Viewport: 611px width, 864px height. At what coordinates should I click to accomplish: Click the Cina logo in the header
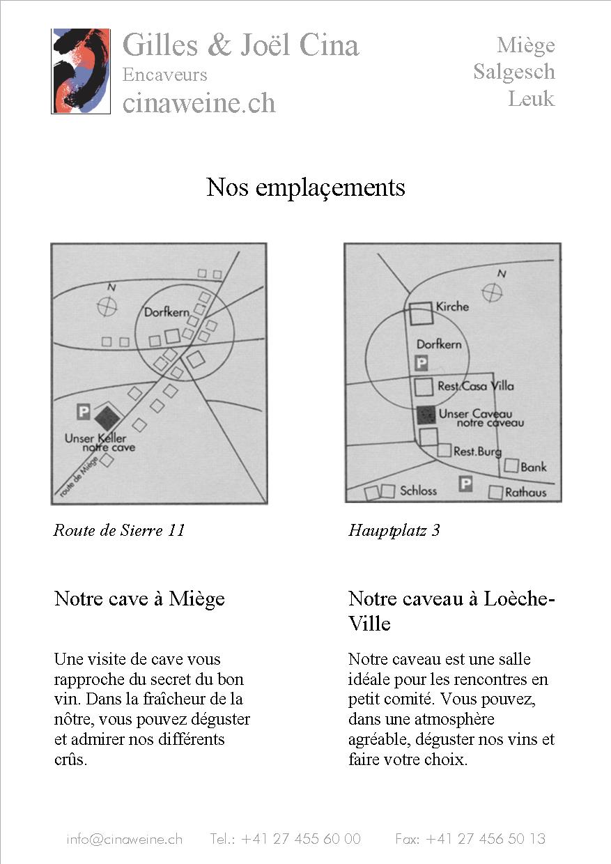point(80,71)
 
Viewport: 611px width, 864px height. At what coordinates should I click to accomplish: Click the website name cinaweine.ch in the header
point(199,103)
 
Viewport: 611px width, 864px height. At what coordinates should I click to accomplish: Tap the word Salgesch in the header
point(514,72)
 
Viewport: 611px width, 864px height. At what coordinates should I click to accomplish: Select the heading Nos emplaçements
point(306,187)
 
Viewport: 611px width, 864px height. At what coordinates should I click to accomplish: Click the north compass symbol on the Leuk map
point(492,293)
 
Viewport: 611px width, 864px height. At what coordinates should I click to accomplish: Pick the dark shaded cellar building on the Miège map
point(107,417)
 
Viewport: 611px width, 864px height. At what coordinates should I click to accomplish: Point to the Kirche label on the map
point(452,307)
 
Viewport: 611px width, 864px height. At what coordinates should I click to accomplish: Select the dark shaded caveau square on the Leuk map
point(426,415)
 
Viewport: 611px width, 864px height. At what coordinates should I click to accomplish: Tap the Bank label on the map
point(534,468)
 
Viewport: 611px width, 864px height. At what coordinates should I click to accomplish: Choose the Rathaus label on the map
point(525,493)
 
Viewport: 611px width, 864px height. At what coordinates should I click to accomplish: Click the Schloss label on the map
point(418,491)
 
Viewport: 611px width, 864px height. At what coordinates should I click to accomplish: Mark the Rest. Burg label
point(477,452)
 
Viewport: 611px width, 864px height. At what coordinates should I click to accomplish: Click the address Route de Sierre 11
point(119,530)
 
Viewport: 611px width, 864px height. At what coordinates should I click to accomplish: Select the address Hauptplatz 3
point(394,530)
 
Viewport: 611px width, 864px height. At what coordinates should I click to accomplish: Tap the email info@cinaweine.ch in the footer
point(125,839)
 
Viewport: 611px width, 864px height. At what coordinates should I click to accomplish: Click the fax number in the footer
point(470,839)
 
